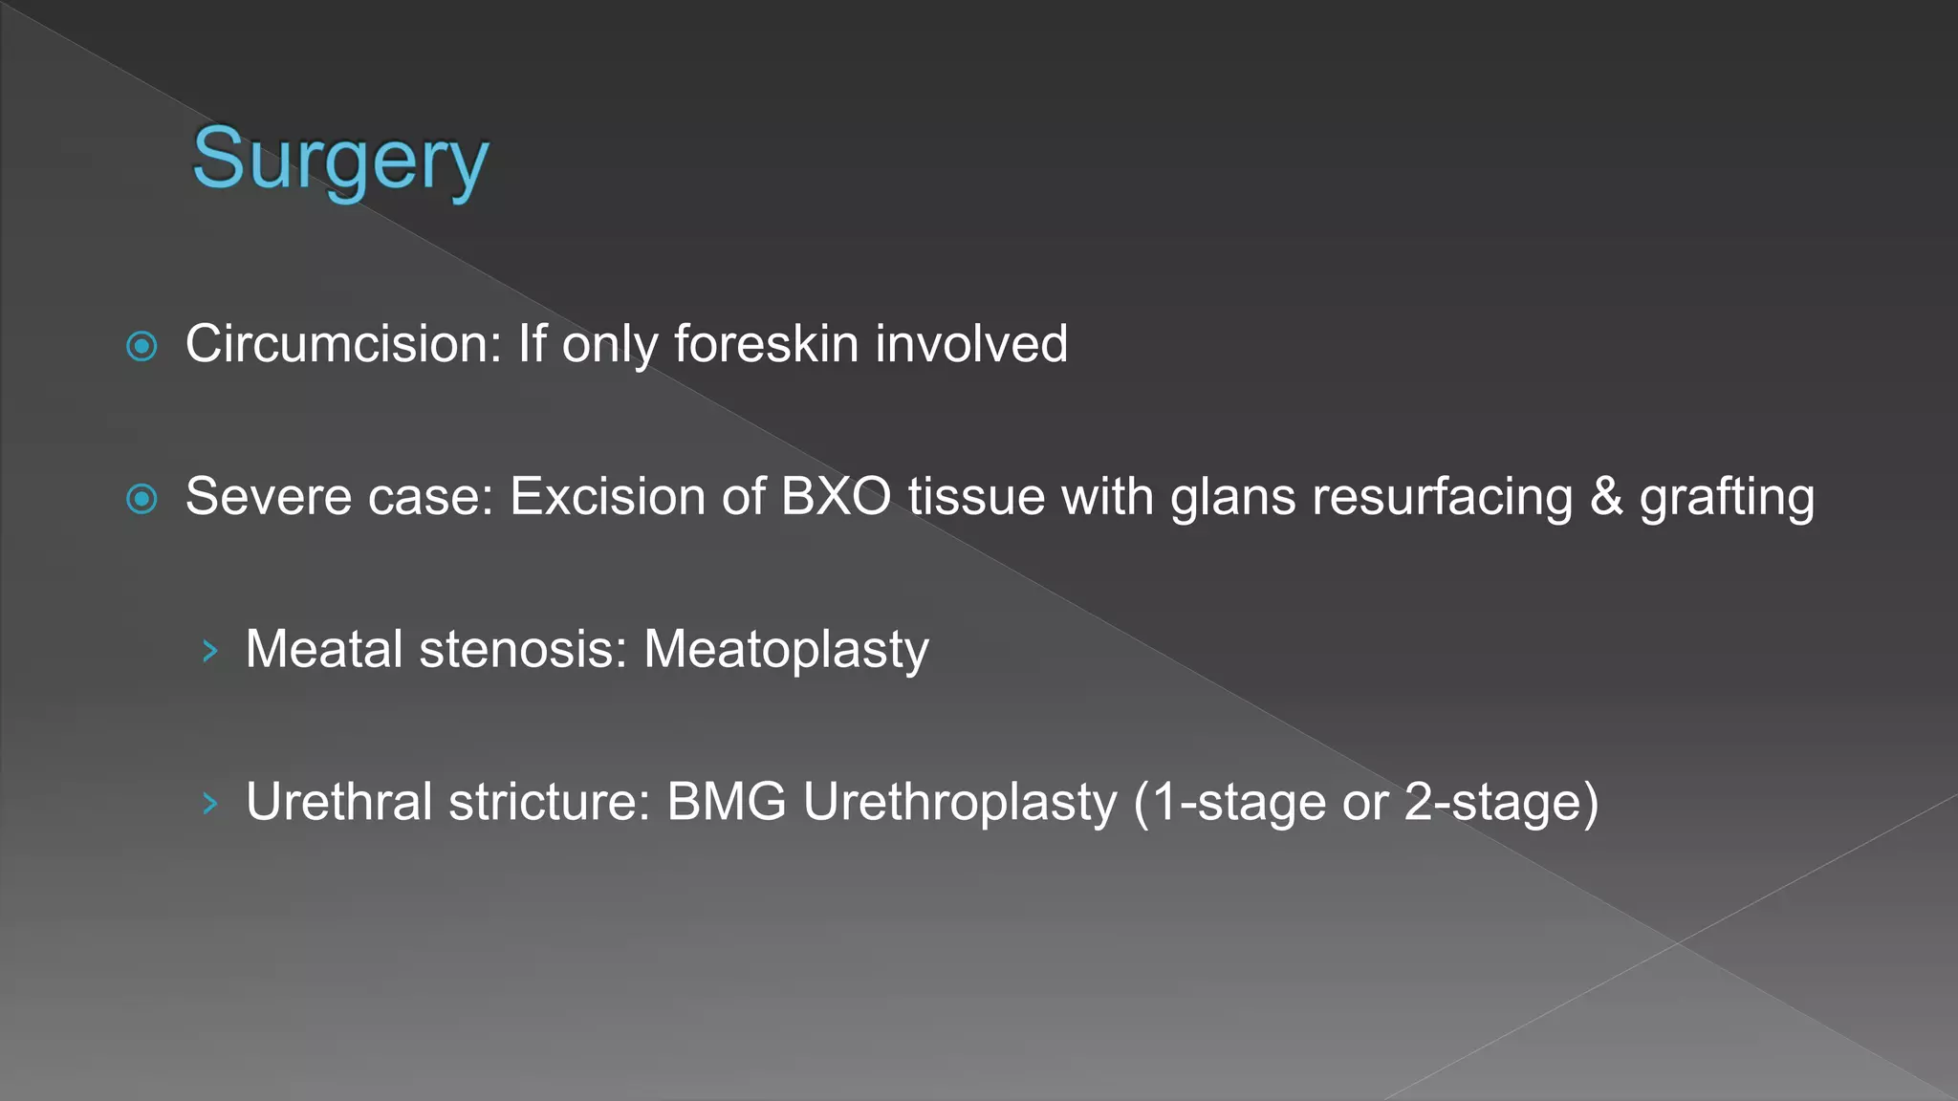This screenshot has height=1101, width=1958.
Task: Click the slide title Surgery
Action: tap(340, 159)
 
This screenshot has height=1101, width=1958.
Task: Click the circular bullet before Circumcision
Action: tap(141, 346)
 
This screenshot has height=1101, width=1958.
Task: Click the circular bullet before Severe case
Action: tap(141, 498)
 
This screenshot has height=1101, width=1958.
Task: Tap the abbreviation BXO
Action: tap(836, 497)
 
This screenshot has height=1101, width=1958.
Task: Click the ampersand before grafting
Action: tap(1606, 497)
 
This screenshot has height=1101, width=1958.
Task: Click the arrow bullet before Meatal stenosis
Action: tap(210, 652)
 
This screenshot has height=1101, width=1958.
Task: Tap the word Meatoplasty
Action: tap(786, 650)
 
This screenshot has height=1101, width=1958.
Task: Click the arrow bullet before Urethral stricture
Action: tap(210, 804)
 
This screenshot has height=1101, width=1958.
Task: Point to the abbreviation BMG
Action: tap(727, 802)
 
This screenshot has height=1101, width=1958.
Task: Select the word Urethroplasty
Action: tap(960, 803)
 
